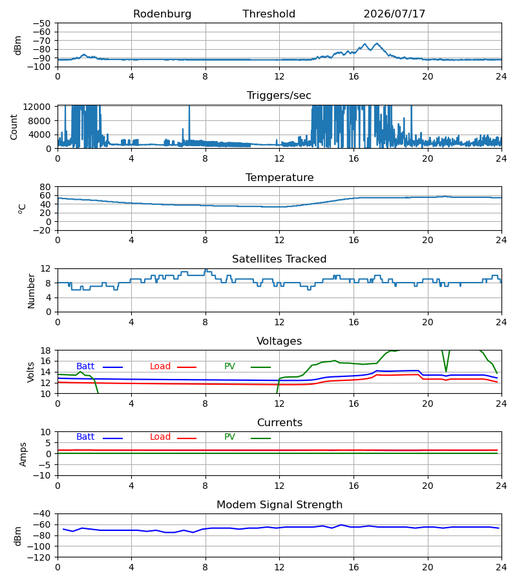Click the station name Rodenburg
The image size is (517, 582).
coord(162,14)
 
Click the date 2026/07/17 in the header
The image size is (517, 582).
coord(394,14)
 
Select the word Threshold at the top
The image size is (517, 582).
coord(269,14)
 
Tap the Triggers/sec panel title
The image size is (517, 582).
coord(279,96)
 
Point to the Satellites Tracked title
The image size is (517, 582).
coord(279,259)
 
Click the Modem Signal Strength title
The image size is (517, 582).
coord(279,505)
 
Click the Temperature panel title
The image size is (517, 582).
coord(279,177)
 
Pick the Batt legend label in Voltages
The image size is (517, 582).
coord(85,367)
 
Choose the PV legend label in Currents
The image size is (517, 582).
coord(229,437)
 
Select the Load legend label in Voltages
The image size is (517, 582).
coord(160,367)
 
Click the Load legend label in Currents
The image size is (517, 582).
coord(160,437)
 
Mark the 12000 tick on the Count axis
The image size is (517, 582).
coord(37,107)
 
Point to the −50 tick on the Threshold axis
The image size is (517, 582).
coord(41,23)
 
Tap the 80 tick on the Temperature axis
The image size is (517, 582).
coord(45,187)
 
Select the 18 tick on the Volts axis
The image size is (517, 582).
coord(45,350)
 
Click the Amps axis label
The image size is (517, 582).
coord(23,455)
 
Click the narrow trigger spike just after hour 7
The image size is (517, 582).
coord(189,124)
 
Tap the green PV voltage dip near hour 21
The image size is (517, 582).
coord(446,371)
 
